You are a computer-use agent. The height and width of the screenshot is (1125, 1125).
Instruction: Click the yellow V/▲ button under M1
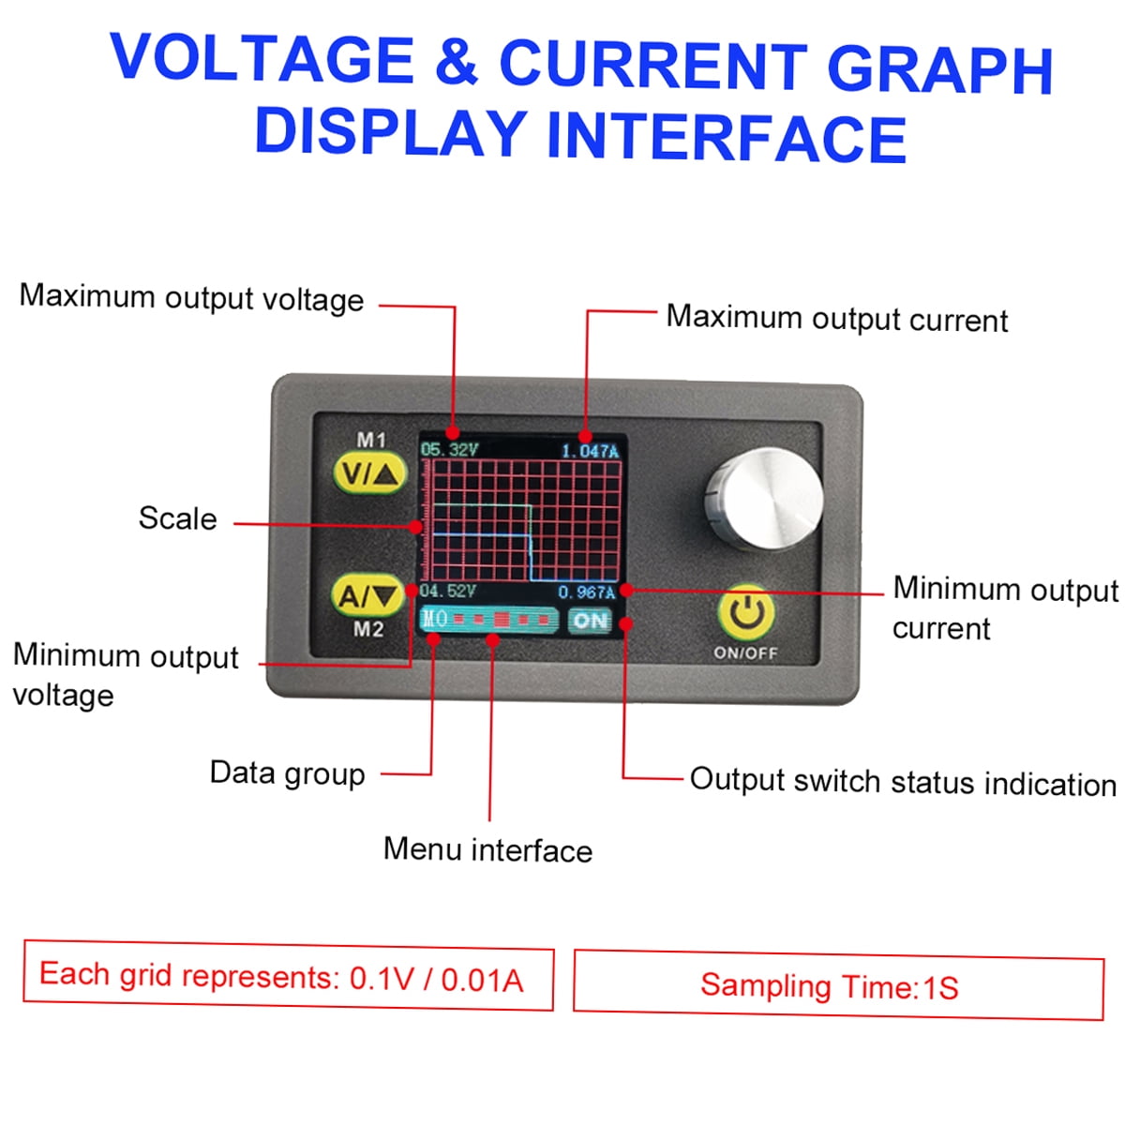point(368,474)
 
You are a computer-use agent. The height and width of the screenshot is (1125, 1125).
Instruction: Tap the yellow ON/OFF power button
point(746,613)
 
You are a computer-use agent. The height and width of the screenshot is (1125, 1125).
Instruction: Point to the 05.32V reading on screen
point(449,450)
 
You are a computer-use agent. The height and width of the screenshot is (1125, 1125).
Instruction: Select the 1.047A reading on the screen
point(590,451)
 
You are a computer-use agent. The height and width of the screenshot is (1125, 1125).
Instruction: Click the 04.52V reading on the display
point(447,592)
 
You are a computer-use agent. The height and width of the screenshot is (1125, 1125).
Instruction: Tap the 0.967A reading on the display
point(587,592)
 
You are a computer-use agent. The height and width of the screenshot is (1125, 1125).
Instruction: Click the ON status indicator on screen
point(591,621)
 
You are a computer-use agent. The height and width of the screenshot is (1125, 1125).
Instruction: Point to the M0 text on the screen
point(434,619)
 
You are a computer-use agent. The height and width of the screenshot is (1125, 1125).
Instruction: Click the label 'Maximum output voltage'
point(191,298)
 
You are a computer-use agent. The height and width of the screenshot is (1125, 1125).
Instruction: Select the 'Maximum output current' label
point(836,319)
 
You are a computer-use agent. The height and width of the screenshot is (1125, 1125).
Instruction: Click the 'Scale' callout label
point(177,518)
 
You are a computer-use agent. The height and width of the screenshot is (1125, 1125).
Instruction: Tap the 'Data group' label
point(287,773)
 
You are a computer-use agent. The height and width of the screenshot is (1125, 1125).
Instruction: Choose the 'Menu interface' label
point(487,849)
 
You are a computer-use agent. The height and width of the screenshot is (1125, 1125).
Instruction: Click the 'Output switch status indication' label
point(903,782)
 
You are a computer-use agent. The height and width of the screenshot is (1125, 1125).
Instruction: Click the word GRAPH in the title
point(940,68)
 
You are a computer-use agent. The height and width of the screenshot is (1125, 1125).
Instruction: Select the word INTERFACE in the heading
point(727,137)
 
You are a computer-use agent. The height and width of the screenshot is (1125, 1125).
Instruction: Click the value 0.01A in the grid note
point(482,980)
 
